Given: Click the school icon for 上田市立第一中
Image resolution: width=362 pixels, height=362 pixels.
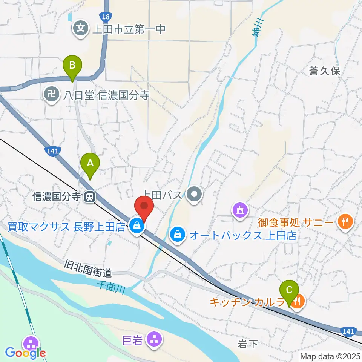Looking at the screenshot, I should (x=81, y=28).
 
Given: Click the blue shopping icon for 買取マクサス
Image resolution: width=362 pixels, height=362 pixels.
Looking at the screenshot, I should (x=136, y=226).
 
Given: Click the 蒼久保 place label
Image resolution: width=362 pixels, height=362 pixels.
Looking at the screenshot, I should (x=325, y=71).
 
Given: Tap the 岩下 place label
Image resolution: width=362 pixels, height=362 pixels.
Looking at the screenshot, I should (x=248, y=344).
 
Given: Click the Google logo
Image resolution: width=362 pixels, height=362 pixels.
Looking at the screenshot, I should (x=26, y=353).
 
